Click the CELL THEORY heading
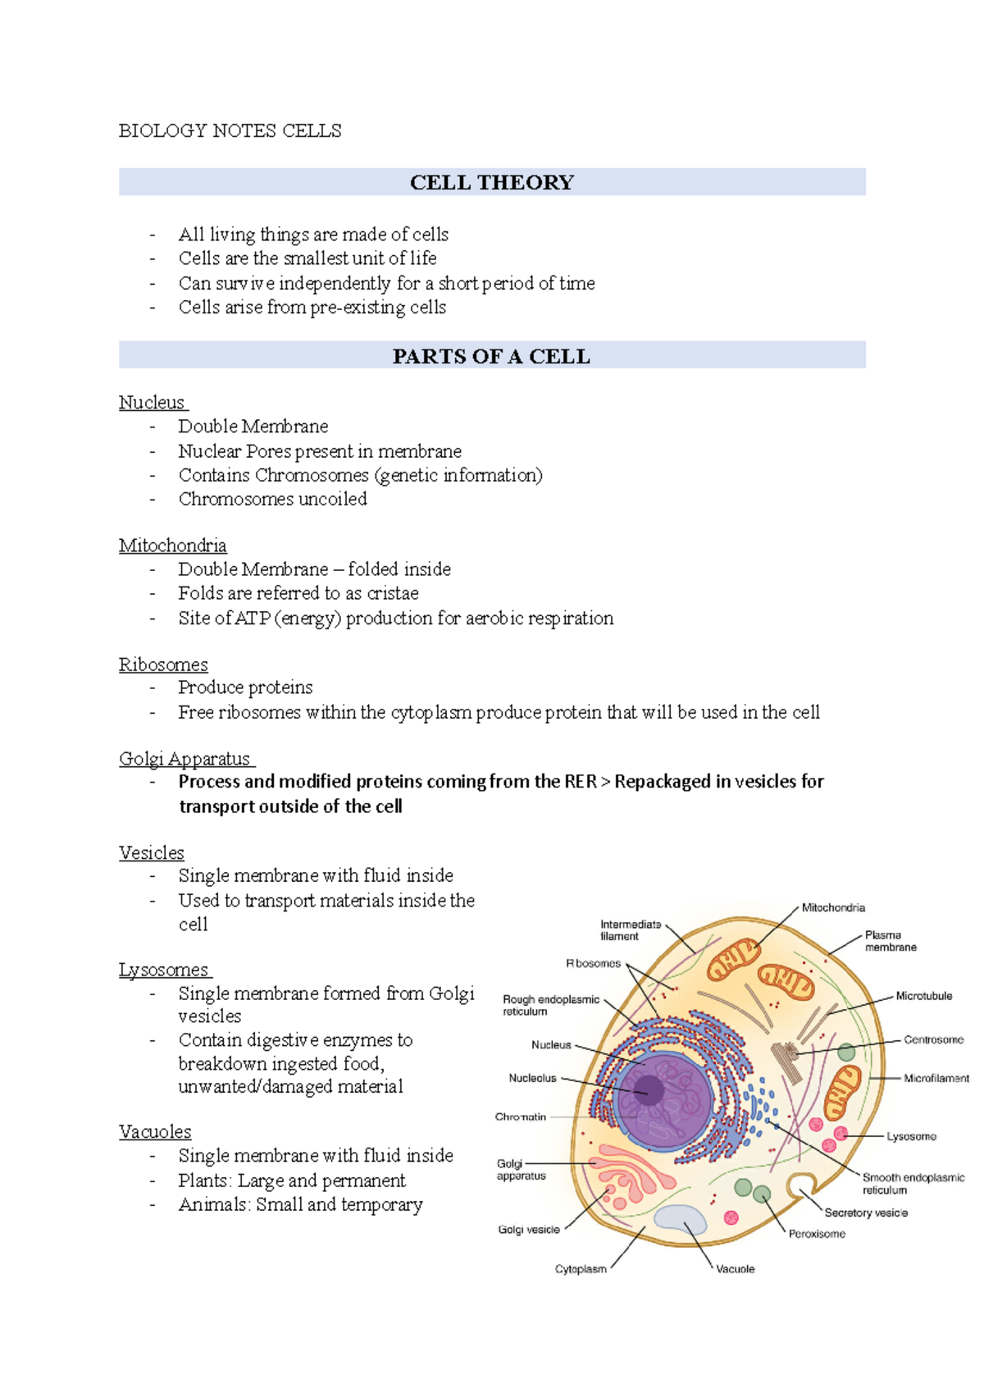click(492, 182)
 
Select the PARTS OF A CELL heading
click(491, 356)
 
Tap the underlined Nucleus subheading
click(152, 403)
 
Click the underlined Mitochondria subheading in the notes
click(172, 546)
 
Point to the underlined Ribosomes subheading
click(163, 665)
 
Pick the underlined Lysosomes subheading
click(163, 970)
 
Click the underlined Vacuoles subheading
click(155, 1132)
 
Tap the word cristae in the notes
click(393, 593)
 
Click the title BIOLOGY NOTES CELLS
click(230, 131)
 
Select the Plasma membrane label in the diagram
click(891, 941)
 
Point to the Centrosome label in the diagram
click(934, 1039)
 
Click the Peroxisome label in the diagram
click(817, 1234)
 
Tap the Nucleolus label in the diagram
click(532, 1078)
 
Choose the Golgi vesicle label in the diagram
click(529, 1230)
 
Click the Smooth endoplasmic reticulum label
click(913, 1184)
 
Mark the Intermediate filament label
click(631, 930)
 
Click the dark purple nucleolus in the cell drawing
click(649, 1090)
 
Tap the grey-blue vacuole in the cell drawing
click(681, 1219)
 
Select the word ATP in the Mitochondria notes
click(253, 619)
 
